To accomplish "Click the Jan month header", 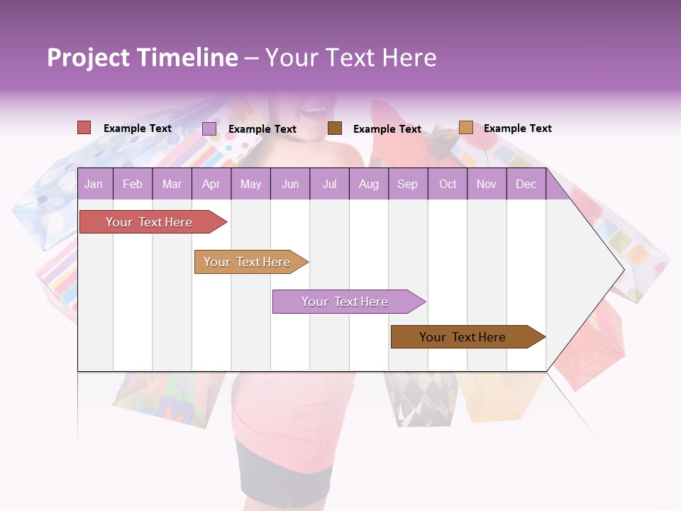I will [x=94, y=184].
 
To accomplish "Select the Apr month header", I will [x=211, y=184].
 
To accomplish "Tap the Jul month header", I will [x=329, y=184].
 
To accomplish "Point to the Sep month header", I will [x=407, y=184].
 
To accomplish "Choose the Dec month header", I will [x=526, y=184].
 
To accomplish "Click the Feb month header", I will [x=133, y=184].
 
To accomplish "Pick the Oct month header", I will [x=448, y=184].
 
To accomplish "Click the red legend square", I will [x=84, y=128].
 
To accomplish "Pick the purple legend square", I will [x=209, y=128].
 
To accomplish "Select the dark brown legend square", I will [x=335, y=128].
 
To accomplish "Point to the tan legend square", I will [x=466, y=128].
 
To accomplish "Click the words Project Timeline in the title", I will [x=143, y=57].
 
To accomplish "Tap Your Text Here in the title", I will [x=350, y=57].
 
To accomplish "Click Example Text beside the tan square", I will [x=517, y=128].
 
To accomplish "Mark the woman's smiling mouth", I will [x=312, y=111].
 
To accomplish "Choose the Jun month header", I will [x=290, y=184].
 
